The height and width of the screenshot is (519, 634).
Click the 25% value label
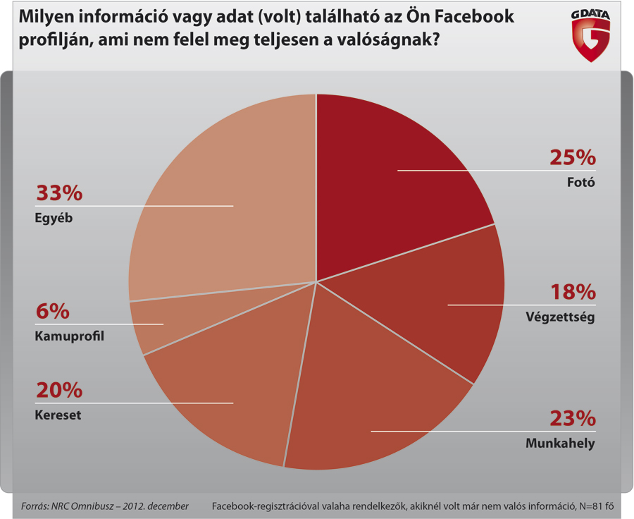click(x=573, y=157)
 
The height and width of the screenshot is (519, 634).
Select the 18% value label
click(x=573, y=293)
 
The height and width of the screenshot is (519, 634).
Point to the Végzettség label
click(x=561, y=317)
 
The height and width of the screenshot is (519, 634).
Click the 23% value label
click(x=573, y=419)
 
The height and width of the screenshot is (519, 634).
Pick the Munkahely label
click(x=561, y=444)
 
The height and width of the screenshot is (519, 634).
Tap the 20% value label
click(x=58, y=390)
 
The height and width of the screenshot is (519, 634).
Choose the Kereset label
click(x=58, y=415)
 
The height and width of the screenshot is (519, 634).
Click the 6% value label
click(x=52, y=311)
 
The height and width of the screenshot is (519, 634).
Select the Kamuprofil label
click(x=69, y=336)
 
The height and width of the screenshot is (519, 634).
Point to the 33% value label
click(x=58, y=193)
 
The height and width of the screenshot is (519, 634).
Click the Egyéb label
click(x=54, y=218)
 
